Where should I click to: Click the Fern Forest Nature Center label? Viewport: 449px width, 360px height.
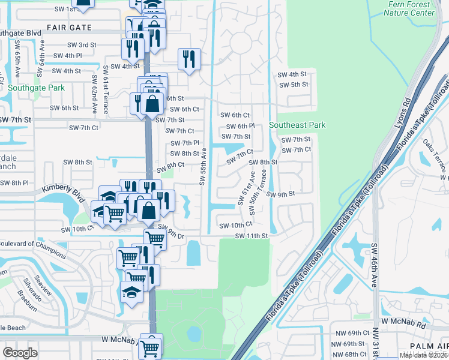(x=410, y=8)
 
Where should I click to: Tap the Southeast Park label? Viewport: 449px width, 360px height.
(x=297, y=125)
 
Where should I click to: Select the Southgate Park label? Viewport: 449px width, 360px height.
(x=36, y=88)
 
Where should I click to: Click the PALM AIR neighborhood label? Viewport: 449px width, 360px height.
(x=429, y=347)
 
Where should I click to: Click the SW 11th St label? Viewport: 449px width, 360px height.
(x=251, y=236)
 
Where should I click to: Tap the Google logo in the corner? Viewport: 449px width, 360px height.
(x=20, y=352)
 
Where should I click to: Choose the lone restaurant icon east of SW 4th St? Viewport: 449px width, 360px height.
(x=188, y=59)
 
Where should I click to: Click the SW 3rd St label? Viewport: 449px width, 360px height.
(x=82, y=45)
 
